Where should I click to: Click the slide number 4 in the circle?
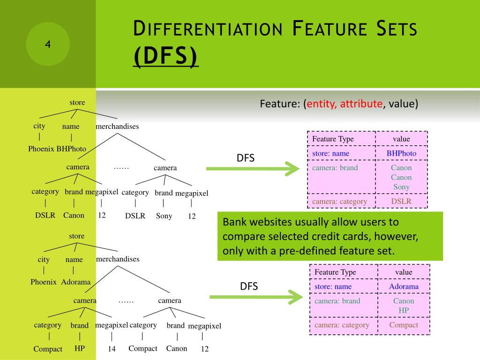[47, 45]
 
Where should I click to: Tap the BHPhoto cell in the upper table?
[401, 153]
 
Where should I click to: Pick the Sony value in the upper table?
[401, 187]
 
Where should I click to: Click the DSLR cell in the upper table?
[401, 201]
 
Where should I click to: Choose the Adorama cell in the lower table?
[404, 286]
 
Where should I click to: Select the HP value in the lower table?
[404, 310]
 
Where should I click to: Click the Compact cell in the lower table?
[404, 325]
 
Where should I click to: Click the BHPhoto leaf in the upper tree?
[71, 149]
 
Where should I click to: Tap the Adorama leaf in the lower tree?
[75, 282]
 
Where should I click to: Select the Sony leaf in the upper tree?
[164, 216]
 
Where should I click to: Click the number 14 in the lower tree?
[112, 349]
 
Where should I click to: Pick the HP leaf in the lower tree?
[80, 349]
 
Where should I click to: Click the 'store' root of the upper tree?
[77, 103]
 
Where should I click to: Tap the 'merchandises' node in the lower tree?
[118, 259]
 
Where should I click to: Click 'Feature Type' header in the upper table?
[333, 139]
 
